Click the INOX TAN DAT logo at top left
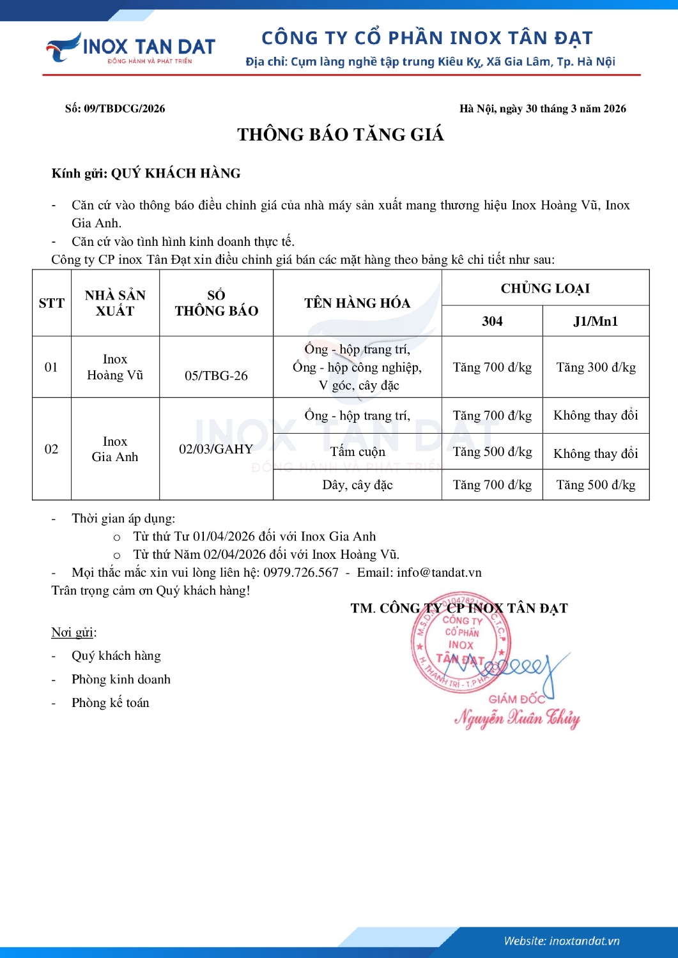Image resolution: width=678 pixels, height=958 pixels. coord(131,48)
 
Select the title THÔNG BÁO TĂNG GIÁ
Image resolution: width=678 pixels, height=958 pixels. coord(340,135)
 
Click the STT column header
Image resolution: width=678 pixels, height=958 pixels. coord(51,303)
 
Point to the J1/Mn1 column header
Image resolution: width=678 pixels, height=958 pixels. coord(596,321)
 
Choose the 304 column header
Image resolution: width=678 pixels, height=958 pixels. coord(492,321)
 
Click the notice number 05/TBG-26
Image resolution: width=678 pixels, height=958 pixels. coord(216,376)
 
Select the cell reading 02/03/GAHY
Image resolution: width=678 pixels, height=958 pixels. coord(216,449)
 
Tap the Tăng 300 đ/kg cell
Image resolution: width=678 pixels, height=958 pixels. coord(596,367)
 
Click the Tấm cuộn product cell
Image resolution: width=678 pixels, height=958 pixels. coord(357,452)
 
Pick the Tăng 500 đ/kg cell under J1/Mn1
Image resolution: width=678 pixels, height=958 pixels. coord(596,485)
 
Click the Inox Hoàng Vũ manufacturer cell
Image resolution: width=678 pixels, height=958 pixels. coord(115,367)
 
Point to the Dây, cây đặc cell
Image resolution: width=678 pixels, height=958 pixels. coord(357,485)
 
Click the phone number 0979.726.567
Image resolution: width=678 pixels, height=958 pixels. coord(301,572)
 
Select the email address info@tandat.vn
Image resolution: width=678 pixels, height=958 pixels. coord(439,572)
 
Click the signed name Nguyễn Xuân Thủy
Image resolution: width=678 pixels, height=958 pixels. coord(517,718)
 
